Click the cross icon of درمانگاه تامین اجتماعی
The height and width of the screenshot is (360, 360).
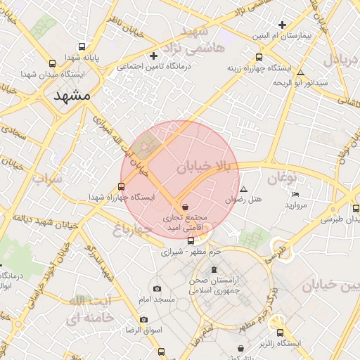tap(154, 56)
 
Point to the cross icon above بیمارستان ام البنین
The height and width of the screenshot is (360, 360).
tap(283, 24)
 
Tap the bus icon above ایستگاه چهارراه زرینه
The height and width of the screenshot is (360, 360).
tap(259, 57)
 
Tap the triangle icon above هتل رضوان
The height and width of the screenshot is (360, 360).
tap(244, 189)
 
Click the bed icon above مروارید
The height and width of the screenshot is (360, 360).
tap(295, 194)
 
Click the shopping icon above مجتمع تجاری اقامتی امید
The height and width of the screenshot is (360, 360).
tap(185, 207)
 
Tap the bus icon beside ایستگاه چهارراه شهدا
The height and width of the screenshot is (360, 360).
tap(122, 186)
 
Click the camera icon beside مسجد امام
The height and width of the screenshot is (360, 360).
tap(156, 288)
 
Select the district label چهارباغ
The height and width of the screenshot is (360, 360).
tap(134, 229)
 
